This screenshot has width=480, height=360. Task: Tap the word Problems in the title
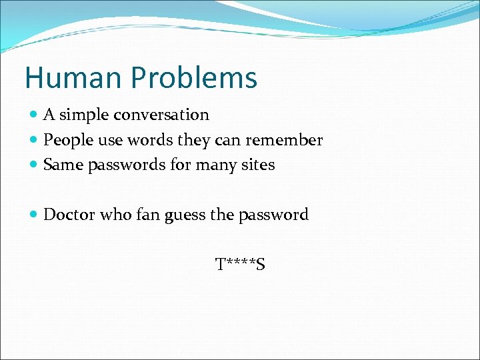(193, 79)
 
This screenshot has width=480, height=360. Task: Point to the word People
(65, 141)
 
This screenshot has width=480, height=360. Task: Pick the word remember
(285, 140)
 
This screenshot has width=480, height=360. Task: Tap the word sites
(257, 165)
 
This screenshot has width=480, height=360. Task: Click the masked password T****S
(240, 265)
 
